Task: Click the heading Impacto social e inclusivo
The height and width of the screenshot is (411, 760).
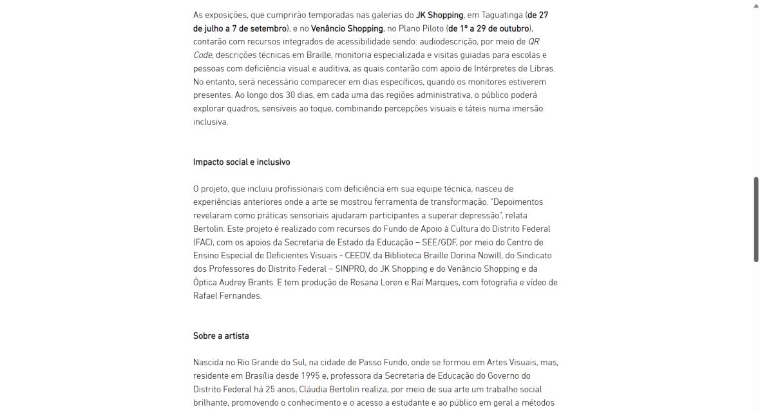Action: [242, 162]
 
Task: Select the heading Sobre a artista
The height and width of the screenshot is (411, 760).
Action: [221, 336]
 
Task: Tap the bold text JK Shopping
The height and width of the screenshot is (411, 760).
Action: [439, 15]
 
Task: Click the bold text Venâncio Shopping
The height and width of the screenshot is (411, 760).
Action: [348, 28]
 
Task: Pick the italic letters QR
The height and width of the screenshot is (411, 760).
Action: [534, 42]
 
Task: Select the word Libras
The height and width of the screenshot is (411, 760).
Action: [540, 68]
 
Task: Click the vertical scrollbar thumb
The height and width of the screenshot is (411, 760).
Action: [756, 219]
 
